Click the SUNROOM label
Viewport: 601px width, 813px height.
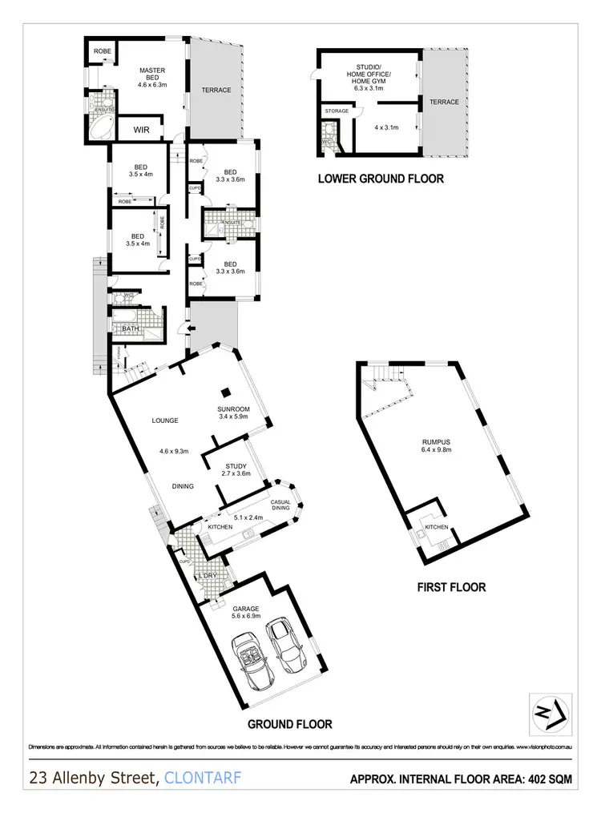tap(233, 411)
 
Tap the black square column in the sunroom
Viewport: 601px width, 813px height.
tap(227, 391)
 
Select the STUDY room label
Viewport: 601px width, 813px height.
tap(236, 469)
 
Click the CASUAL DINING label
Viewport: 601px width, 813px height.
tap(280, 505)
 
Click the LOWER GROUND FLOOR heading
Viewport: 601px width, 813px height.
tap(381, 179)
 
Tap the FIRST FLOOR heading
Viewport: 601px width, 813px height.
tap(451, 587)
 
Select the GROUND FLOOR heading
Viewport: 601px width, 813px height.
tap(289, 724)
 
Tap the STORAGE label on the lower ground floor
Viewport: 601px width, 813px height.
tap(337, 111)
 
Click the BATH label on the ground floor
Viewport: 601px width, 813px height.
tap(130, 329)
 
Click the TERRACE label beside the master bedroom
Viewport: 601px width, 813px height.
tap(216, 91)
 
